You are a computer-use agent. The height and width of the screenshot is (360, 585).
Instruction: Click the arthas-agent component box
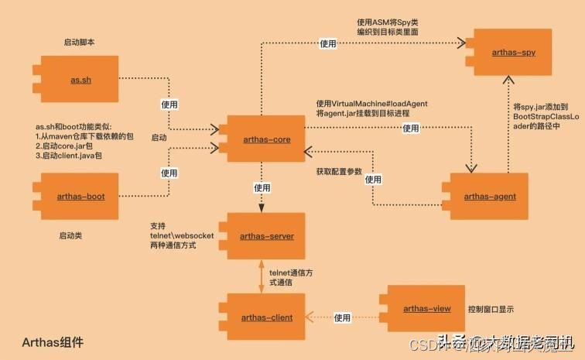488,197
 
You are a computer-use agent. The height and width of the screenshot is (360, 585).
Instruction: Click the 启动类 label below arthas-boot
72,234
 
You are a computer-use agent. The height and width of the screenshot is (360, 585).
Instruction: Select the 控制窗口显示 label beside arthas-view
491,310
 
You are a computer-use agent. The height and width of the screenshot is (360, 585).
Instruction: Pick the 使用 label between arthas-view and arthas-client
343,317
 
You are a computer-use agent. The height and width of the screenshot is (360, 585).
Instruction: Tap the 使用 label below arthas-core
262,187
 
